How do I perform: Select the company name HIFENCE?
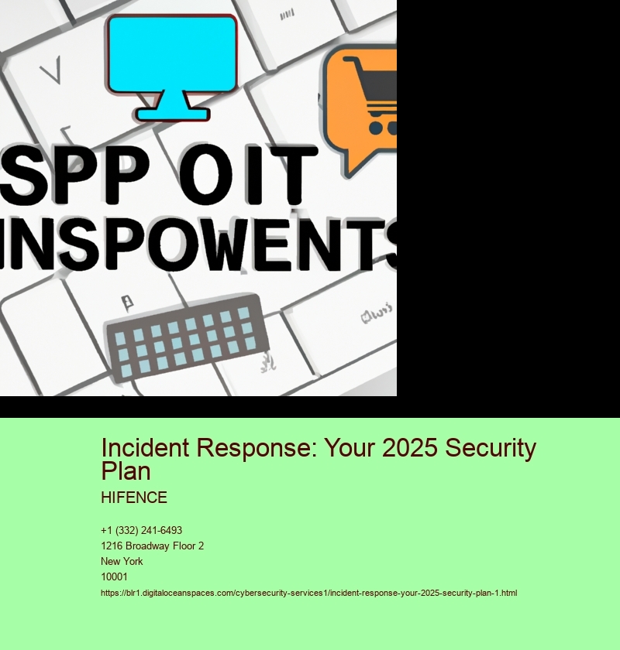tap(134, 498)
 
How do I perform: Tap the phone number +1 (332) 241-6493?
tap(142, 530)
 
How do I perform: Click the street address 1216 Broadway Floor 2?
tap(153, 546)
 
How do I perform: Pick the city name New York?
tap(122, 561)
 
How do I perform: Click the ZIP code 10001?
tap(114, 576)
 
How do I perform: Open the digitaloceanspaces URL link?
tap(308, 593)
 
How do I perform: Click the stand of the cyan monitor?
tap(172, 106)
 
